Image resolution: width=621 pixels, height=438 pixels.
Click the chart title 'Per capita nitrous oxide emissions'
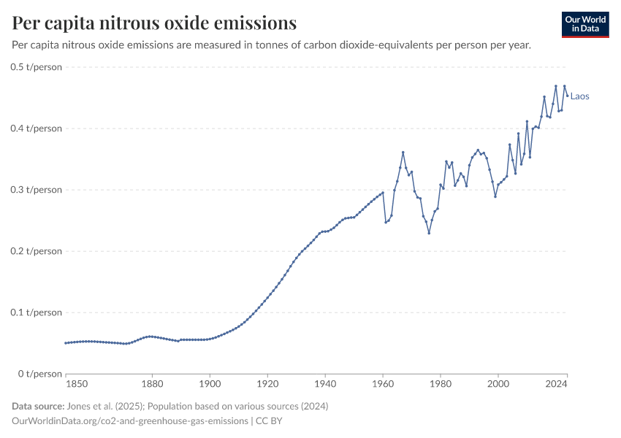pyautogui.click(x=154, y=23)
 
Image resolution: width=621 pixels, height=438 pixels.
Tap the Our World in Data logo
pyautogui.click(x=585, y=24)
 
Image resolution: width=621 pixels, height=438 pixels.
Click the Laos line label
pyautogui.click(x=580, y=96)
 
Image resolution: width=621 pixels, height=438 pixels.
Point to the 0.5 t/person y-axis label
pyautogui.click(x=37, y=67)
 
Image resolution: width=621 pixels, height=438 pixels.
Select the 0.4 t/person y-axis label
pyautogui.click(x=37, y=128)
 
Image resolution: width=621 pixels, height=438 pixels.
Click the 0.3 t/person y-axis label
pyautogui.click(x=37, y=190)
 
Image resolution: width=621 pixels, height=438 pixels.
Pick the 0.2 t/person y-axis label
pyautogui.click(x=37, y=251)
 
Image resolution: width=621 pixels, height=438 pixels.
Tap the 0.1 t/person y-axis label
pyautogui.click(x=37, y=312)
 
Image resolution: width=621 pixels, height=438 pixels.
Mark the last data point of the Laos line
pyautogui.click(x=568, y=96)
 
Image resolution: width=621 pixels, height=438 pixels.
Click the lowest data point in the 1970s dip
pyautogui.click(x=429, y=233)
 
